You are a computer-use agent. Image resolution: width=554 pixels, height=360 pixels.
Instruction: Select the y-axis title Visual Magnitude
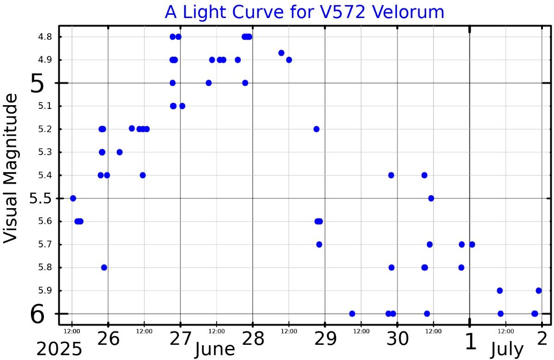(x=11, y=167)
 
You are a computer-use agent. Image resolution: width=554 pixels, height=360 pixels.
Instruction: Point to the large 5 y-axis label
(x=37, y=84)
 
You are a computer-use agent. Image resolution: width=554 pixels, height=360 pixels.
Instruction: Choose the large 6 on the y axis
(x=37, y=315)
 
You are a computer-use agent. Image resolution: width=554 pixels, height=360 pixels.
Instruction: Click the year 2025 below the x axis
(x=59, y=350)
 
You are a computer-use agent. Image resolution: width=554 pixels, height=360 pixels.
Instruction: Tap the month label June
(x=215, y=350)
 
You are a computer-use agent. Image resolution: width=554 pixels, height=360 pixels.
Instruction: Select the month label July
(x=507, y=350)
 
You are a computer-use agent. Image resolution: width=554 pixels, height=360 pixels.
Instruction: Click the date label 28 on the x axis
(x=253, y=340)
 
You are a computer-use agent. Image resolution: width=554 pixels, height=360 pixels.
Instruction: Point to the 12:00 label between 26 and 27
(x=144, y=331)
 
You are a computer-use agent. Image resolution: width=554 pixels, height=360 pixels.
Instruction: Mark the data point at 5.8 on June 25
(x=104, y=267)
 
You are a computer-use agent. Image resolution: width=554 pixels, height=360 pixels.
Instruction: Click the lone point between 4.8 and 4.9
(x=281, y=53)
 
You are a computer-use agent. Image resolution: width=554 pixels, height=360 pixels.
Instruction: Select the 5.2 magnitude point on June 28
(x=316, y=129)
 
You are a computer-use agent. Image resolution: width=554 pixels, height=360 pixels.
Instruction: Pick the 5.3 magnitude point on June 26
(x=120, y=152)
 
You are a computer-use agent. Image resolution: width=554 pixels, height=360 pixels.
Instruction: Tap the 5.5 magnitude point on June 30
(x=431, y=198)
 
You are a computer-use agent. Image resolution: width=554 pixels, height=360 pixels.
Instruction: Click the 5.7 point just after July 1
(x=472, y=244)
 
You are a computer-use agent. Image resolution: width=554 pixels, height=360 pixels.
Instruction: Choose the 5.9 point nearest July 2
(x=539, y=290)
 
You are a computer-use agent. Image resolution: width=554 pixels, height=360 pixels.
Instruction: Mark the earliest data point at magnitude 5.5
(x=73, y=198)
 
